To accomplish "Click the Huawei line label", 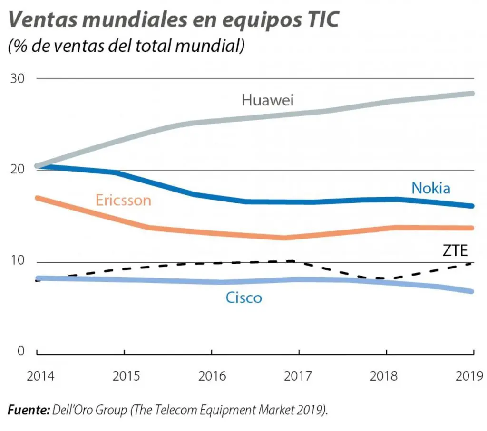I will (x=268, y=100).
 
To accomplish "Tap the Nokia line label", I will (x=430, y=188).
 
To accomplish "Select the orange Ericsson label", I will (x=123, y=200).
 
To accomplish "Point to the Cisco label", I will (x=243, y=298).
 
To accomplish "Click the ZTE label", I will (x=455, y=250).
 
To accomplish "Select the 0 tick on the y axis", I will (x=20, y=351).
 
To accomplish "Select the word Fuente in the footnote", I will (x=27, y=410).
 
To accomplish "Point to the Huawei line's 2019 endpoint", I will (x=472, y=94).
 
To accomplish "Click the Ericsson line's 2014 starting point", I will (x=38, y=198).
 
